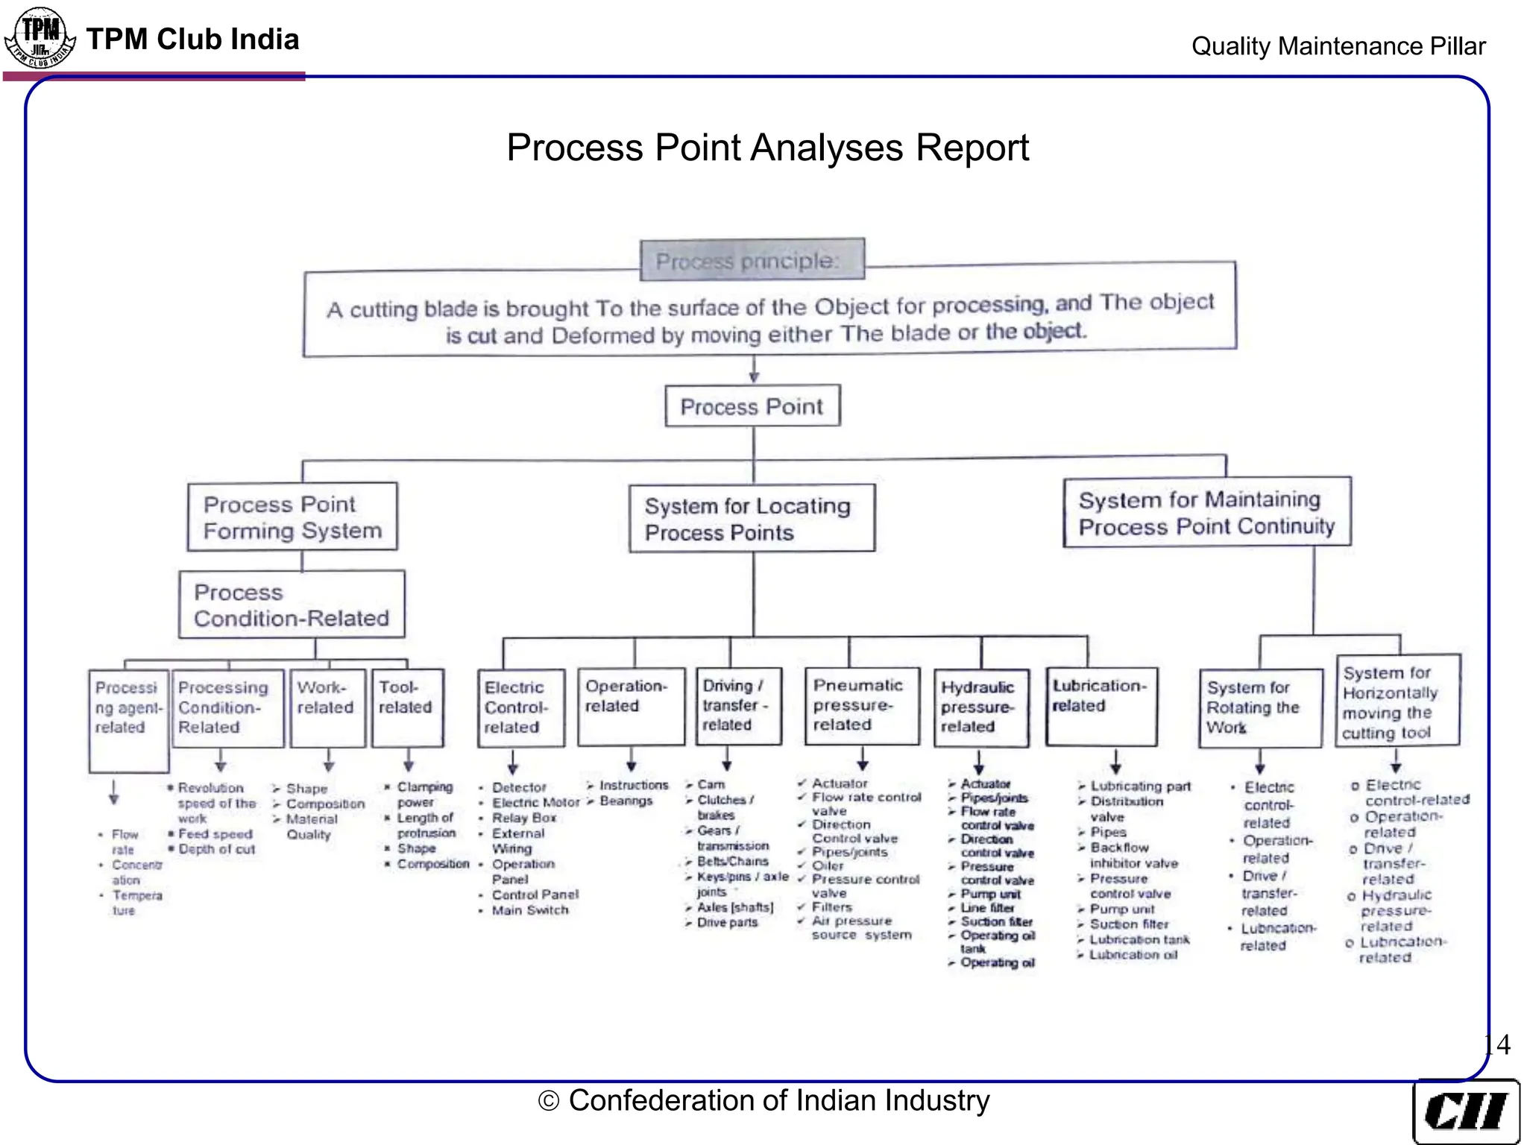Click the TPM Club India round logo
coord(40,37)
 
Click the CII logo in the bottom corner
coord(1465,1111)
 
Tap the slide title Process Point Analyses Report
coord(767,148)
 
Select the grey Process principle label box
coord(752,260)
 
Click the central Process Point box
coord(752,406)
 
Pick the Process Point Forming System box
coord(292,517)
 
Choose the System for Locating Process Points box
coord(752,519)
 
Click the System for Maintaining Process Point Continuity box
coord(1206,513)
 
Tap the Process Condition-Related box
coord(292,605)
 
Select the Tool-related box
coord(407,707)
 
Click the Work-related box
coord(327,707)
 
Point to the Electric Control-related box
coord(520,707)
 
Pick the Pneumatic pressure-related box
coord(862,705)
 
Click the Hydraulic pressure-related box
coord(980,707)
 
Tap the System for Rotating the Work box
coord(1260,707)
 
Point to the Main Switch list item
coord(529,910)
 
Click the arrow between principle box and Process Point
coord(754,370)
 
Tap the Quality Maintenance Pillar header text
coord(1338,46)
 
